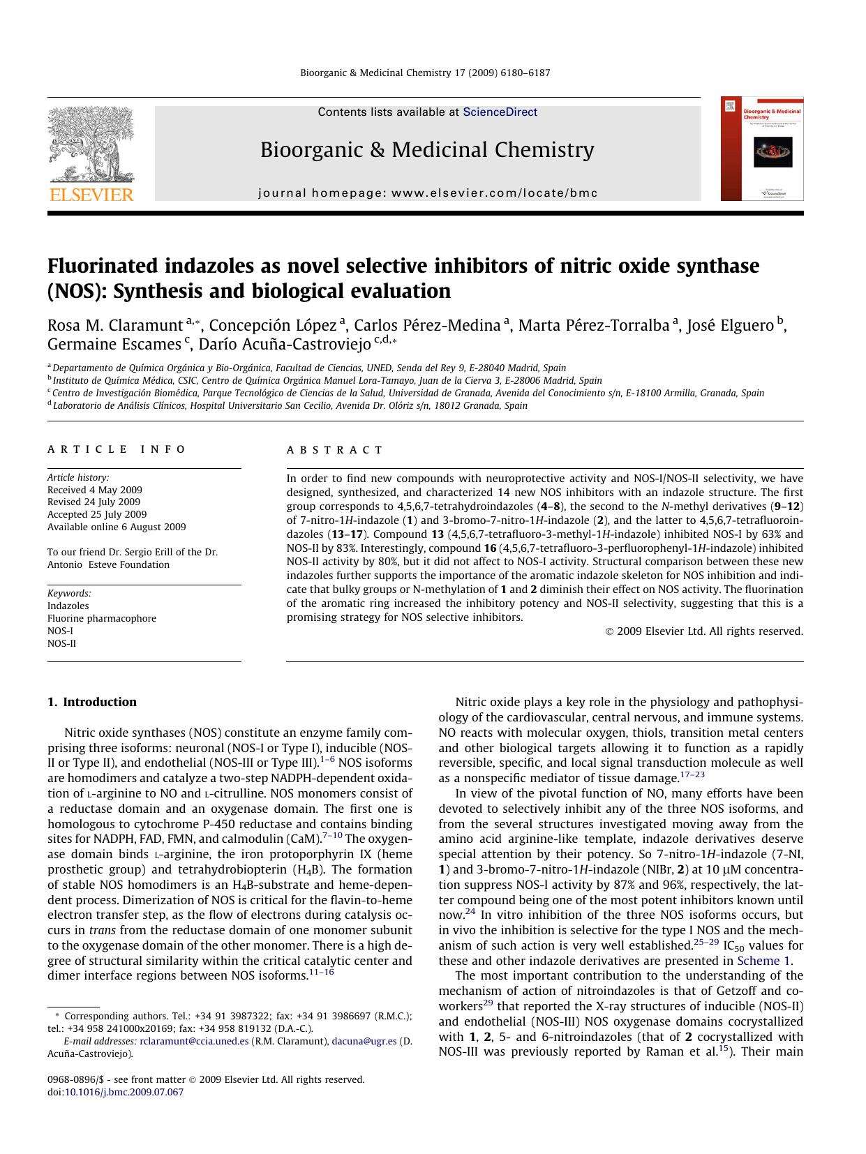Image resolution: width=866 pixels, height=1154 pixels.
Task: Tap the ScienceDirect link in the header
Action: tap(500, 112)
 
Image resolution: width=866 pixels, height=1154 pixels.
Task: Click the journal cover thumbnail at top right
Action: tap(762, 149)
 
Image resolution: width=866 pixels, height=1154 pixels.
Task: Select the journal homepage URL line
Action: tap(428, 193)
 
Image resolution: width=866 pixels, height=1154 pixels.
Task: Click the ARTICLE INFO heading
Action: tap(117, 450)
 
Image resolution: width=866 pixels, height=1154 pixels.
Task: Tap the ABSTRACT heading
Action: tap(335, 450)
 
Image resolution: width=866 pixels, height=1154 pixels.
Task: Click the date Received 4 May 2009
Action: tap(95, 490)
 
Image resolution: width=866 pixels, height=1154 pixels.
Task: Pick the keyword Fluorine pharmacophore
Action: tap(102, 618)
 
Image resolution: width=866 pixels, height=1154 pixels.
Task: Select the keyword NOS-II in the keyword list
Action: tap(62, 643)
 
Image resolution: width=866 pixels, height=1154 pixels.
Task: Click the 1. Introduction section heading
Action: tap(92, 702)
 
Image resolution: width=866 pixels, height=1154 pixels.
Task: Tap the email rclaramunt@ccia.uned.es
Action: tap(194, 1041)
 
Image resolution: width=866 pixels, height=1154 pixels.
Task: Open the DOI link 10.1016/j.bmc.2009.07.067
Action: tap(124, 1092)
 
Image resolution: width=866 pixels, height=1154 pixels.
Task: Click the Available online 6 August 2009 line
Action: tap(117, 527)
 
